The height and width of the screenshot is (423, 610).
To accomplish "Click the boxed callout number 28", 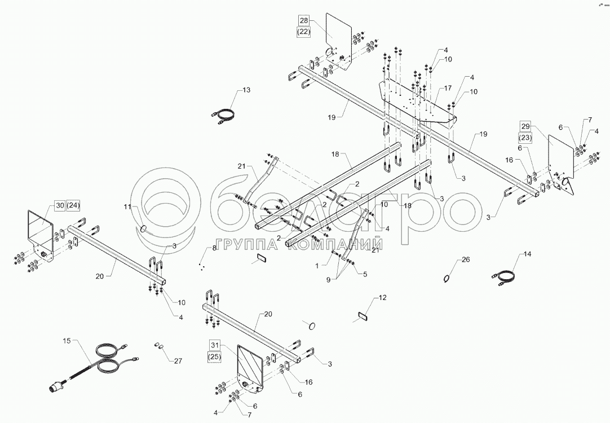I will (x=304, y=21).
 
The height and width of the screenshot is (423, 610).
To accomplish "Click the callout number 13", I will (x=246, y=90).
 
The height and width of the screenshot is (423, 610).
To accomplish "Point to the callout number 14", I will (x=528, y=255).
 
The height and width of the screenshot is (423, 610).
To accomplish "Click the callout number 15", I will (x=67, y=341).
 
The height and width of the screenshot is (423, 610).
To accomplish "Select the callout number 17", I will (x=447, y=88).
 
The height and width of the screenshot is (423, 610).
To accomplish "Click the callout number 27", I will (x=178, y=362).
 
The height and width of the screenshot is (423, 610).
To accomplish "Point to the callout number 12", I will (x=382, y=297).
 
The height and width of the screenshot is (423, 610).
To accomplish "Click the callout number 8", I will (x=215, y=248).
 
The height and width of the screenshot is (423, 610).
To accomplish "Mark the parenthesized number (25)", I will (x=214, y=356).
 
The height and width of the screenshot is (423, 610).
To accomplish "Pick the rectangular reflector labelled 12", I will (x=361, y=316).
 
